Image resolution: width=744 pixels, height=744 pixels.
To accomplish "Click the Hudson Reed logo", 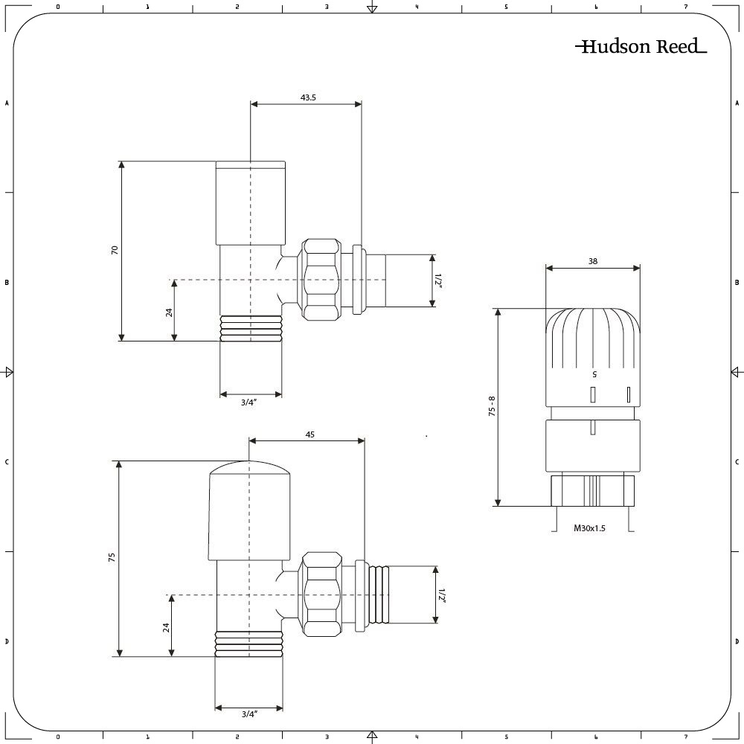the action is tap(641, 46).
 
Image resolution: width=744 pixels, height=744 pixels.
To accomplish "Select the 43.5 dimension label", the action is tap(308, 97).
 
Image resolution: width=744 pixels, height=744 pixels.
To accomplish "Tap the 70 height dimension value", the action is tap(115, 250).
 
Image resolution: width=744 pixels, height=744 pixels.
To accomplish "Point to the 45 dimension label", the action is tap(310, 434).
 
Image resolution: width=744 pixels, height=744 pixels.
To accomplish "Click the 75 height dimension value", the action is tap(112, 557).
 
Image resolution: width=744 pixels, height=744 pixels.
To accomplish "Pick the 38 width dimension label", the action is tap(593, 261).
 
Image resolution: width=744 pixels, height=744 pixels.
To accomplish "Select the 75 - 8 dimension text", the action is tap(492, 406).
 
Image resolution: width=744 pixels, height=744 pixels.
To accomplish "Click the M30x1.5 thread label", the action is tap(589, 527).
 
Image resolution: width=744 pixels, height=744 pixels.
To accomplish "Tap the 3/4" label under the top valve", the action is tap(248, 403).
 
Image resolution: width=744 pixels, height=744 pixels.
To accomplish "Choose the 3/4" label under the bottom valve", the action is tap(249, 713).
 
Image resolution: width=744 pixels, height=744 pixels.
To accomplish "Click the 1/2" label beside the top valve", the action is tap(438, 280).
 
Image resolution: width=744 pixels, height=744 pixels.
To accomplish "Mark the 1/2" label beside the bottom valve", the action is tap(442, 595).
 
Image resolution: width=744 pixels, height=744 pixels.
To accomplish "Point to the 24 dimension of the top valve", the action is tap(169, 312).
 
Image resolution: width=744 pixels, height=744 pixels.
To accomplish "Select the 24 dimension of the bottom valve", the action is tap(166, 627).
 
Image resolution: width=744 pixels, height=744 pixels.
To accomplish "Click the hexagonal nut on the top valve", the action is tap(321, 279).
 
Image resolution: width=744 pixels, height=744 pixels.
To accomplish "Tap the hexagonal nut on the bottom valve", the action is tap(321, 594).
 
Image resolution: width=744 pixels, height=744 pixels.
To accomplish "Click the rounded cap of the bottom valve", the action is tap(249, 510).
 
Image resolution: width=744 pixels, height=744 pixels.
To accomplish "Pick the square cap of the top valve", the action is tap(251, 203).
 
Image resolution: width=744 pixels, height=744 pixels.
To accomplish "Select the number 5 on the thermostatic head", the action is tap(594, 374).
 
